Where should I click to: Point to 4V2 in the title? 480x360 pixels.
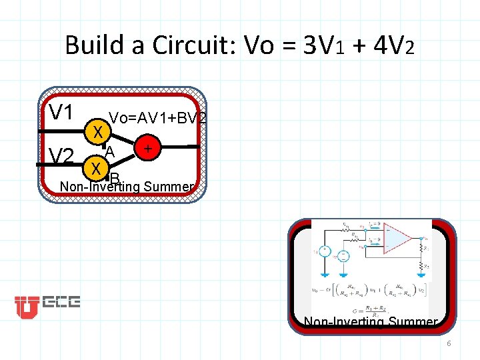coord(393,45)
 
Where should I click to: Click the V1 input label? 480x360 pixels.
coord(61,111)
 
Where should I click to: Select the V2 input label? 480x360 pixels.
coord(61,157)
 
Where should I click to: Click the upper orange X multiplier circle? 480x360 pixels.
coord(97,132)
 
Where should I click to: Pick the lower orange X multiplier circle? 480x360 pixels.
coord(97,167)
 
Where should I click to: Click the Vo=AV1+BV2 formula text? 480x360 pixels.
coord(157,118)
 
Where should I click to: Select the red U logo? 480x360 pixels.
coord(27,306)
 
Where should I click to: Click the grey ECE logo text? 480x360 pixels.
coord(61,303)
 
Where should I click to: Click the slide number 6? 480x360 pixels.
coord(449,343)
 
